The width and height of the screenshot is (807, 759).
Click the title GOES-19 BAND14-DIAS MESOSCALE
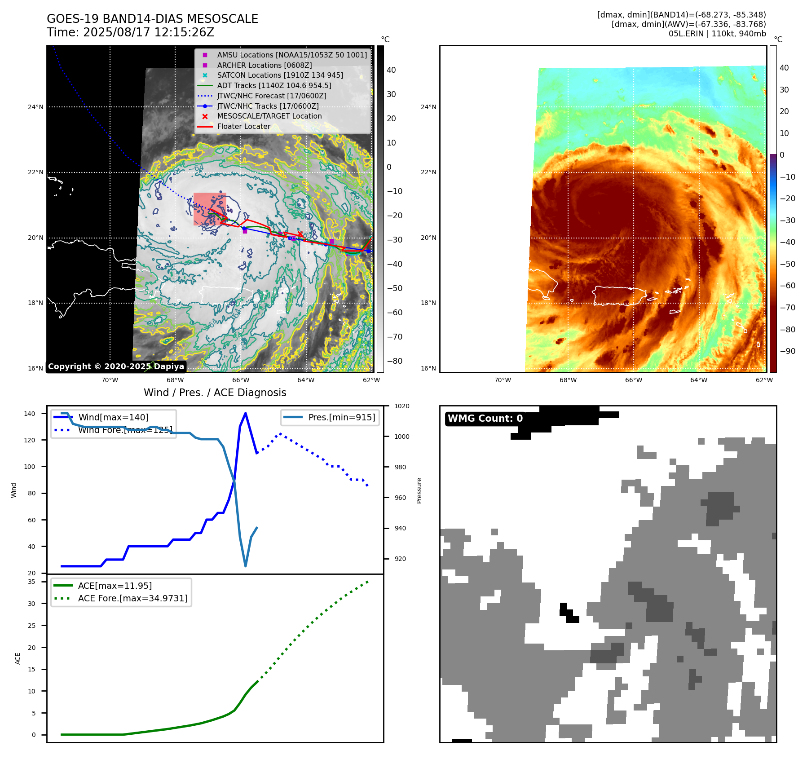[152, 19]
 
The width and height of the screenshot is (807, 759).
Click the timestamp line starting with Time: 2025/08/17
[130, 32]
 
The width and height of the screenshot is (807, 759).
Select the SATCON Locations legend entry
[280, 75]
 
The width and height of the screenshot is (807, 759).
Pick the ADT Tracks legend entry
[274, 85]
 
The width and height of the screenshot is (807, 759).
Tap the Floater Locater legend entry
[243, 126]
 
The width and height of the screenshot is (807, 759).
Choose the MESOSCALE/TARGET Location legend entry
[269, 116]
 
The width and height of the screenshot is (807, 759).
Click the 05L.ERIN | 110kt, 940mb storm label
[717, 34]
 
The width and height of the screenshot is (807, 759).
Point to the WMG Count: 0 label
[485, 418]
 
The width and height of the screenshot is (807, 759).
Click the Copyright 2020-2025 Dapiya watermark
[116, 366]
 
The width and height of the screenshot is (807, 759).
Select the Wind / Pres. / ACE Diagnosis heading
[215, 393]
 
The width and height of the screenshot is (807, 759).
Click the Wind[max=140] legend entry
[113, 417]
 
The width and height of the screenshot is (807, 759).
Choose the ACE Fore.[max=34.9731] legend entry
[132, 598]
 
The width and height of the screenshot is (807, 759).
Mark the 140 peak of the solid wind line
[245, 413]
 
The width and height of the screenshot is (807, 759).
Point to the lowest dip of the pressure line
[245, 566]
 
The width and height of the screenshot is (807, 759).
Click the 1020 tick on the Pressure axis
[401, 406]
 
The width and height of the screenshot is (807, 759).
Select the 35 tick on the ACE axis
[31, 582]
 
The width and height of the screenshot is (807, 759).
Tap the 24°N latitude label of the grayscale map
[35, 107]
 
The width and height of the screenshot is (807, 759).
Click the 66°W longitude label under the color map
[633, 380]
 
